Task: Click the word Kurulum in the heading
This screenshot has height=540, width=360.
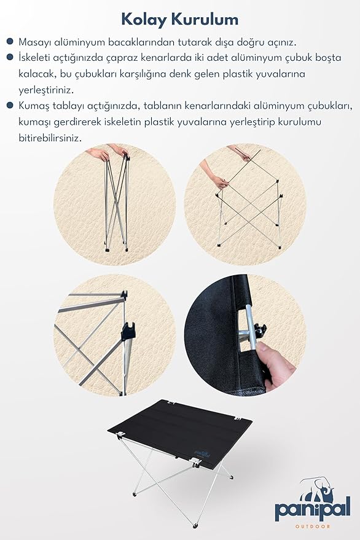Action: (205, 19)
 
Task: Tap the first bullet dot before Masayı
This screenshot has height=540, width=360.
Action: (10, 42)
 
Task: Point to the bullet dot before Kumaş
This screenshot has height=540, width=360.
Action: (10, 105)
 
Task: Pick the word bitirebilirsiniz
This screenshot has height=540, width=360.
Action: (50, 138)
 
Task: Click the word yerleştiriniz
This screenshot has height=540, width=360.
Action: (46, 90)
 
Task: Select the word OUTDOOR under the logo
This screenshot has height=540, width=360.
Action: (313, 526)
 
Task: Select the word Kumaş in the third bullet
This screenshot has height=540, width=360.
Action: (33, 106)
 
